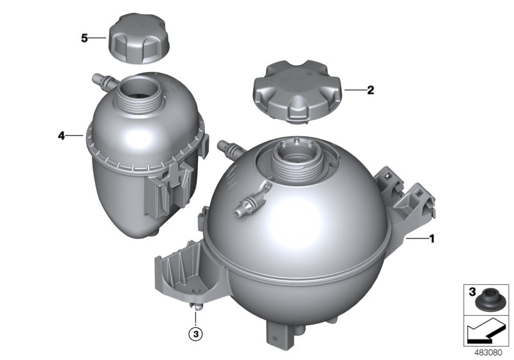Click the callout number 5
tap(84, 38)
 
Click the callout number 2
tap(370, 91)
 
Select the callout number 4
tap(61, 136)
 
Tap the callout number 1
tap(432, 239)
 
